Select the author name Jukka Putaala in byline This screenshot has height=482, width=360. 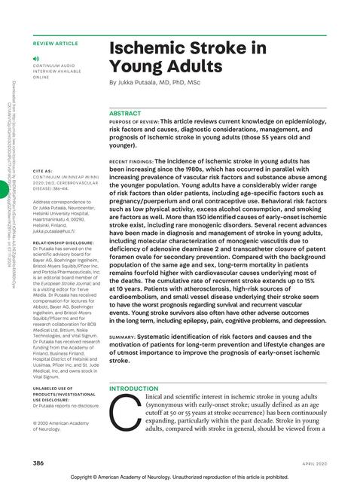point(143,82)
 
